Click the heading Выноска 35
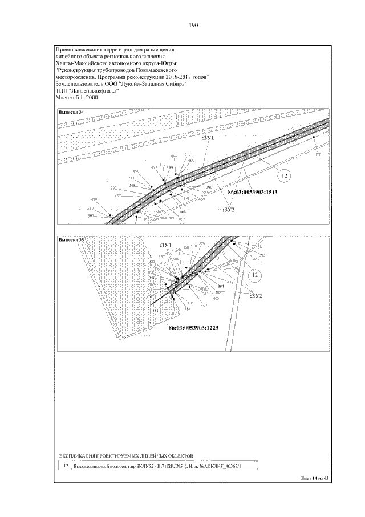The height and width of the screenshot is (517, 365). pyautogui.click(x=71, y=241)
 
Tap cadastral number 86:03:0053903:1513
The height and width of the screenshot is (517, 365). pyautogui.click(x=252, y=193)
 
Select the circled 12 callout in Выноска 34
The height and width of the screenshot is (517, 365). pyautogui.click(x=285, y=175)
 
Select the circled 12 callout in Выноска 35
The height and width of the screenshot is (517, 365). pyautogui.click(x=255, y=275)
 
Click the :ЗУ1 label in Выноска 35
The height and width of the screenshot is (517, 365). pyautogui.click(x=167, y=245)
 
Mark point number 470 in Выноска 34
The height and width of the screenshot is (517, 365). pyautogui.click(x=318, y=155)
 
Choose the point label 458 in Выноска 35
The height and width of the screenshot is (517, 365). pyautogui.click(x=258, y=246)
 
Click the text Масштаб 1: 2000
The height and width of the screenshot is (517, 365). pyautogui.click(x=78, y=98)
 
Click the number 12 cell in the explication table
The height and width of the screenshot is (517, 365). pyautogui.click(x=66, y=466)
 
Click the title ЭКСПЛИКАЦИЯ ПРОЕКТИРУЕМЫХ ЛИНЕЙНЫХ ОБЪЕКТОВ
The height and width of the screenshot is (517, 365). pyautogui.click(x=127, y=455)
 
